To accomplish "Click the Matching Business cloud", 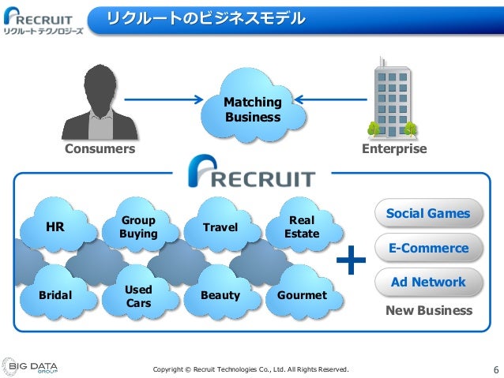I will tap(252, 110).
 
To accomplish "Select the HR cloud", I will tap(55, 227).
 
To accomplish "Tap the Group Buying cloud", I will tap(138, 227).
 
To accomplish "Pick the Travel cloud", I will tap(220, 227).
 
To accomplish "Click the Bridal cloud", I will tap(55, 295).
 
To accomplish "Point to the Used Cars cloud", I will tap(138, 296).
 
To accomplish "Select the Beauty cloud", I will tap(220, 295).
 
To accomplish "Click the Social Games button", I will tap(427, 214).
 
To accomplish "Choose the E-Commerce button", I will tap(427, 248).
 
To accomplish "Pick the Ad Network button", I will tap(427, 282).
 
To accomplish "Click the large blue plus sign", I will tap(352, 260).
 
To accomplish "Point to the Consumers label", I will tap(99, 149).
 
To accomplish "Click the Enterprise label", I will tap(393, 149).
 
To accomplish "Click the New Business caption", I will tap(428, 311).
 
